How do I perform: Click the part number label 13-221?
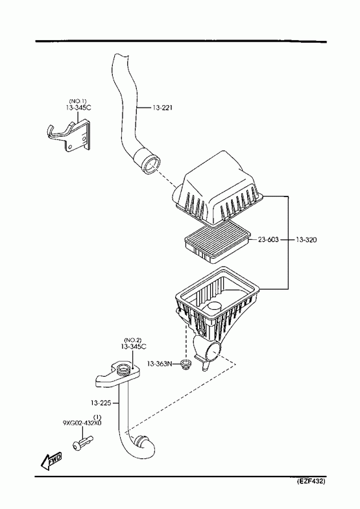point(162,107)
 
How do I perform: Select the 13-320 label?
point(306,240)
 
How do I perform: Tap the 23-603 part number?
point(269,240)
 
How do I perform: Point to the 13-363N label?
point(159,364)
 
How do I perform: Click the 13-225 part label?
point(101,403)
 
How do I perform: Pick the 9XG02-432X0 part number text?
point(82,423)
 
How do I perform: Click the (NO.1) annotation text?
point(78,101)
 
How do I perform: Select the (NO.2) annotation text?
point(133,340)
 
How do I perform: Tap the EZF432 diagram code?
point(311,481)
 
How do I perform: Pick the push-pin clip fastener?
point(84,444)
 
